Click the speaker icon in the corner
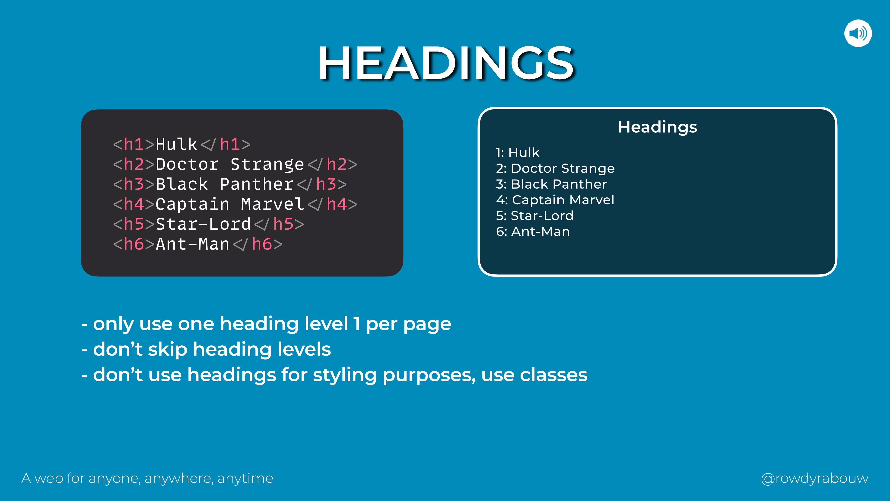[858, 33]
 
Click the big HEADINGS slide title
[446, 63]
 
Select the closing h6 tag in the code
[258, 244]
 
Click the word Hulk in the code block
[176, 144]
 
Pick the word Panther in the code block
[256, 184]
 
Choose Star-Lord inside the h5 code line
[203, 224]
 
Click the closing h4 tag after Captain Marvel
[332, 204]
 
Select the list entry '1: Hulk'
[518, 152]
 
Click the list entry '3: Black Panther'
[551, 184]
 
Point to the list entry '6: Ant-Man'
[533, 231]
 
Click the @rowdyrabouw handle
[815, 479]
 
